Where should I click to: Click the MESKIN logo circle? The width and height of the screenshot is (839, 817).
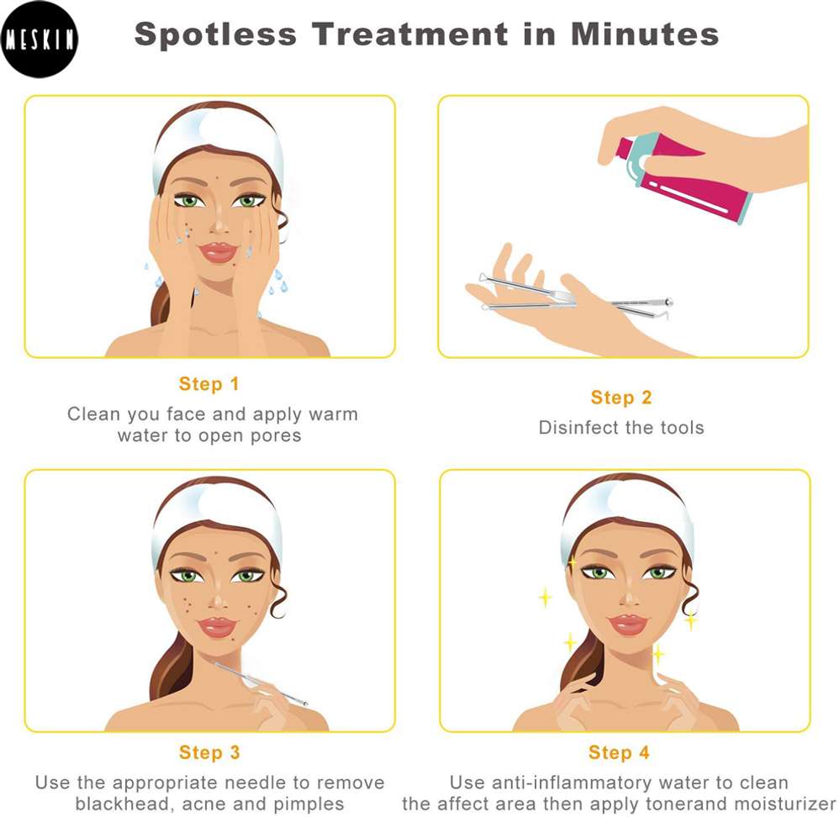coord(39,39)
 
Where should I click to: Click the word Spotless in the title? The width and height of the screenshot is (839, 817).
coord(215,34)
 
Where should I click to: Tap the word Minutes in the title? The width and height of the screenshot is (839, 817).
coord(645,34)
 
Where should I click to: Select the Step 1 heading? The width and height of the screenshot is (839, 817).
coord(208,383)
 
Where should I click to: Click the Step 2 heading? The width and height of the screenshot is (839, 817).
coord(621,398)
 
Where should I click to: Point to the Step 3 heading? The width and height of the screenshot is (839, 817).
coord(209,752)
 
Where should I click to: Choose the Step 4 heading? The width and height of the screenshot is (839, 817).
coord(619,752)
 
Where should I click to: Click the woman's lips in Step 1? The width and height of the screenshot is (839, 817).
coord(218,251)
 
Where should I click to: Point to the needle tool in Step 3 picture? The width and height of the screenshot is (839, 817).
coord(261,683)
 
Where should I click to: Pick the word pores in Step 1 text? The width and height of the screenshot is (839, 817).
coord(276,436)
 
